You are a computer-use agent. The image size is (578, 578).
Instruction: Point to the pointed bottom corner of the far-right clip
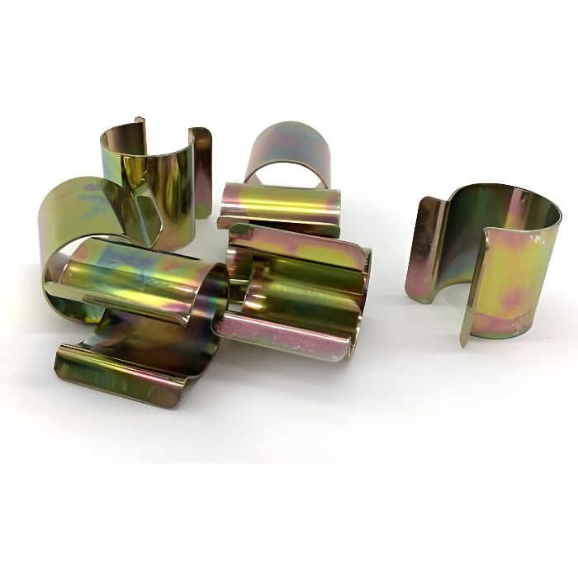click(463, 341)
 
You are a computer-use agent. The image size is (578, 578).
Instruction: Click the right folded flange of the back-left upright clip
click(200, 169)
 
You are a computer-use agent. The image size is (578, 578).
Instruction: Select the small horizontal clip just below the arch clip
click(281, 208)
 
